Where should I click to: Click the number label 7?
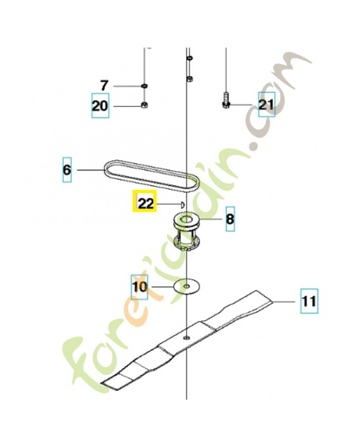[104, 86]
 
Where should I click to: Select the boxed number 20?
[100, 106]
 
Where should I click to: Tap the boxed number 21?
[267, 104]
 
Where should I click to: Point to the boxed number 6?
[67, 170]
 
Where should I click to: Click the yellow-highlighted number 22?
[144, 201]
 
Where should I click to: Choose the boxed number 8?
[230, 219]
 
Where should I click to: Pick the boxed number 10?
[140, 287]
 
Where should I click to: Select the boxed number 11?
[309, 301]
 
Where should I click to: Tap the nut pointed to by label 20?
[145, 106]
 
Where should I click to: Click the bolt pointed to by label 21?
[226, 100]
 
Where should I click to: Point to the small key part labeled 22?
[183, 204]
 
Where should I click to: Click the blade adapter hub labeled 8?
[186, 231]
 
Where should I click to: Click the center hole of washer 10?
[187, 286]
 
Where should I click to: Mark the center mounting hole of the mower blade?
[186, 337]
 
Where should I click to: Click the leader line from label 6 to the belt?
[91, 170]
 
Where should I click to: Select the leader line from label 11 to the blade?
[284, 302]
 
